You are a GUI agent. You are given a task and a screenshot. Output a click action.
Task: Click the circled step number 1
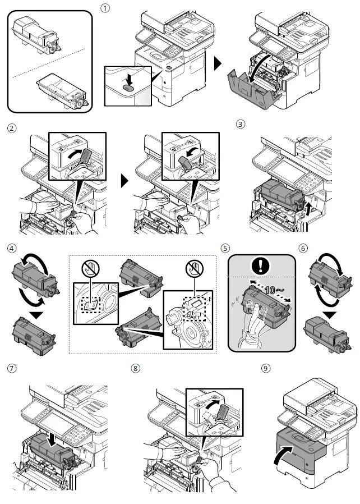pos(104,9)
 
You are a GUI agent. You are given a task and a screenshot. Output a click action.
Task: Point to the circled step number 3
pos(241,125)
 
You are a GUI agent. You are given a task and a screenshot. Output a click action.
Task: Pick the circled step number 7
pos(11,369)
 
